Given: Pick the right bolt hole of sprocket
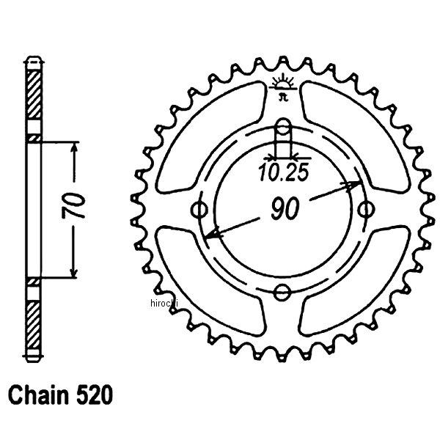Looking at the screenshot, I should pos(365,210).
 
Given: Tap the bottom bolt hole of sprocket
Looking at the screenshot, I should pos(282,293).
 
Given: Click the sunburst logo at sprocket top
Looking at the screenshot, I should pos(282,82).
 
